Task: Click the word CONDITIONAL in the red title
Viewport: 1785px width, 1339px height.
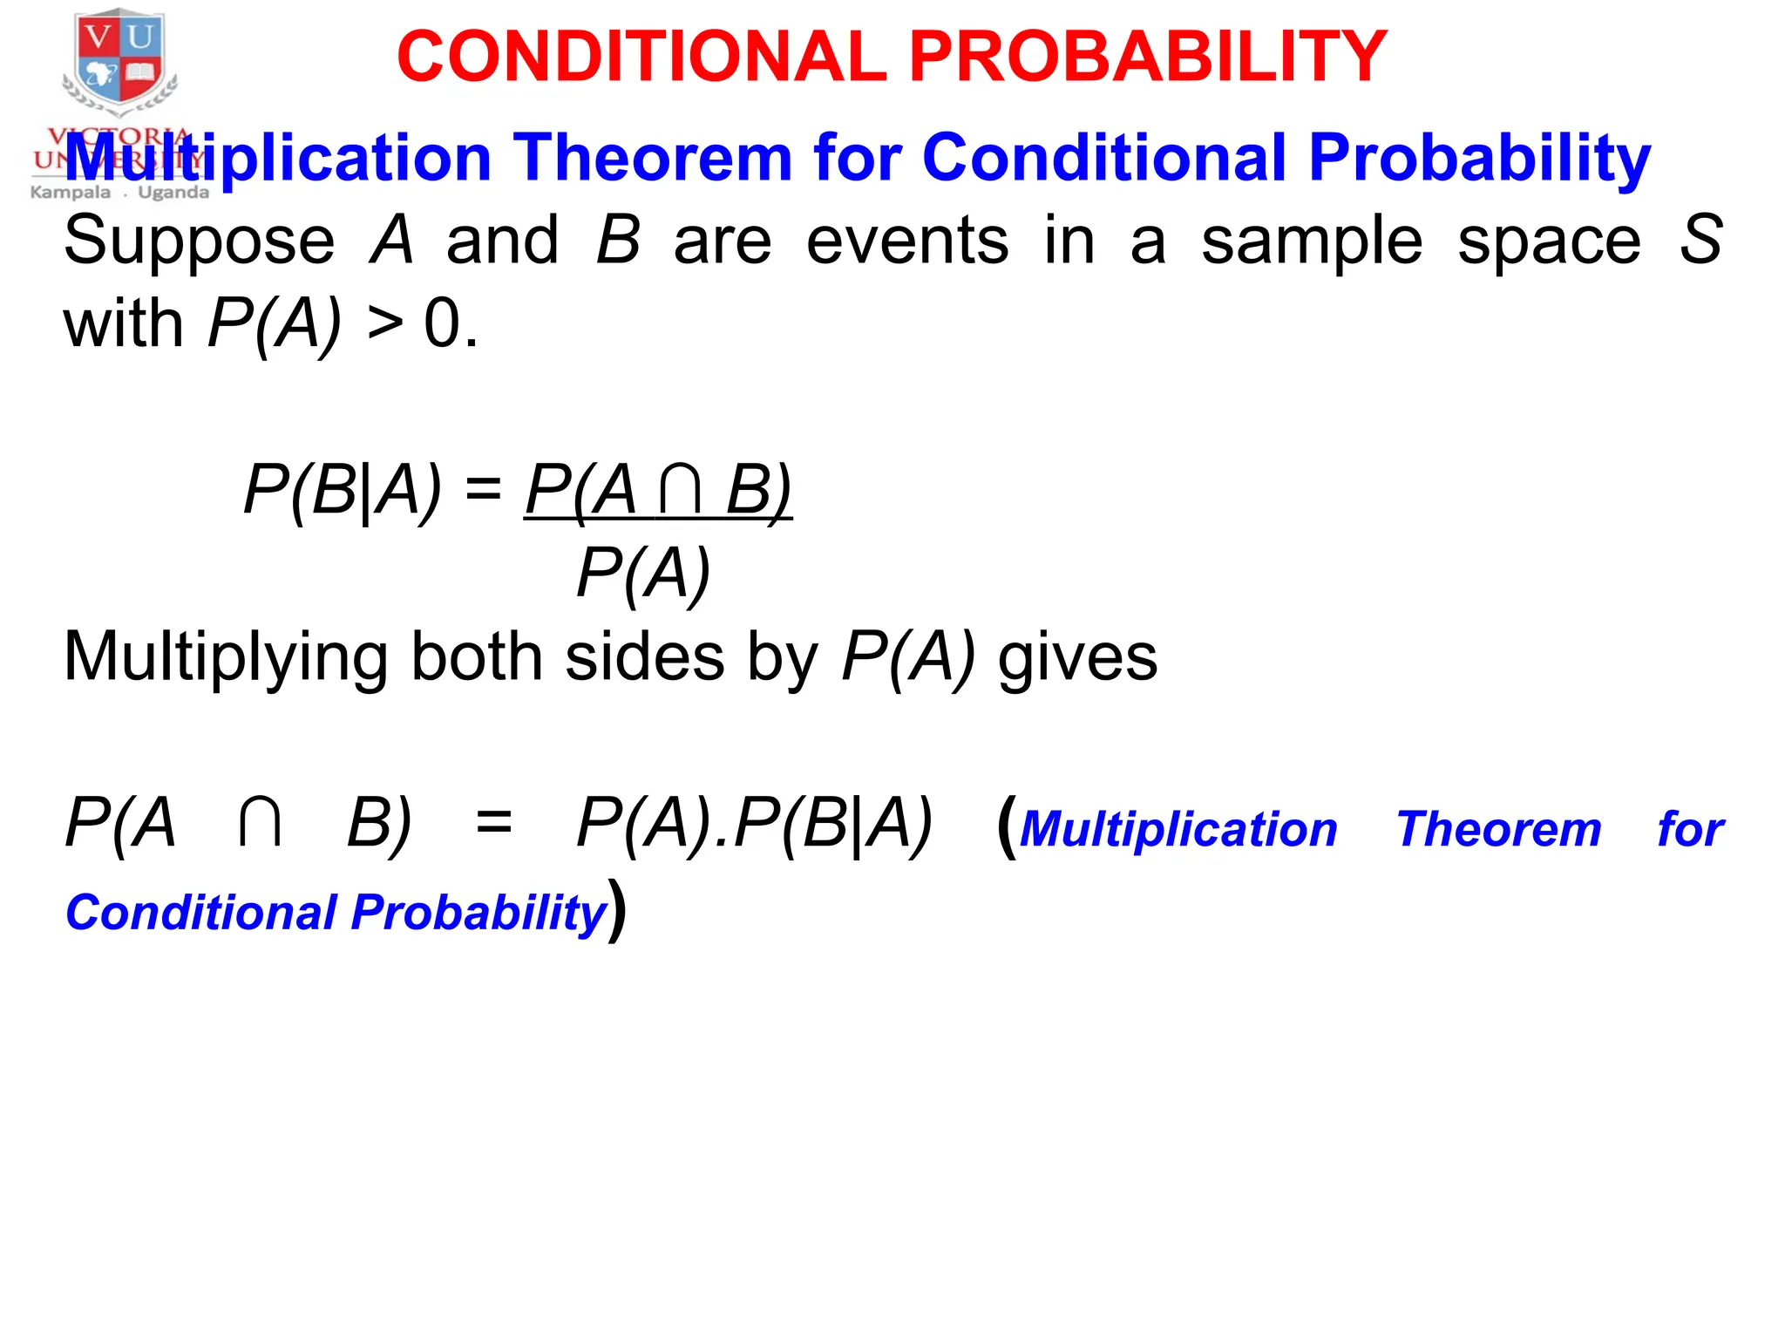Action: pyautogui.click(x=641, y=58)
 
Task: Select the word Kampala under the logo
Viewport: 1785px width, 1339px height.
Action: pyautogui.click(x=71, y=193)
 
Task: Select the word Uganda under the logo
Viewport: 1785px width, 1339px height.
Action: pyautogui.click(x=173, y=193)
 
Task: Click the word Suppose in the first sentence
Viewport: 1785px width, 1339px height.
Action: pyautogui.click(x=199, y=241)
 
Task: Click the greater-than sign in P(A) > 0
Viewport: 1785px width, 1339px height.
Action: pyautogui.click(x=385, y=325)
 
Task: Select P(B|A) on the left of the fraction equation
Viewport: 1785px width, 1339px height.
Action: pyautogui.click(x=343, y=491)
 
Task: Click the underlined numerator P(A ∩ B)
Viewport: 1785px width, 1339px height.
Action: pyautogui.click(x=658, y=491)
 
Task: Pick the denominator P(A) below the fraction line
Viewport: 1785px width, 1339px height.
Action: pyautogui.click(x=643, y=574)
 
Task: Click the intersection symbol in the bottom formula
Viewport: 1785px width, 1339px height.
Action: pyautogui.click(x=260, y=823)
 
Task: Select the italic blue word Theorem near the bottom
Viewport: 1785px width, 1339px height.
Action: pyautogui.click(x=1498, y=829)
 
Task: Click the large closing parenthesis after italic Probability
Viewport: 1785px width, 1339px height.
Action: pyautogui.click(x=617, y=910)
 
